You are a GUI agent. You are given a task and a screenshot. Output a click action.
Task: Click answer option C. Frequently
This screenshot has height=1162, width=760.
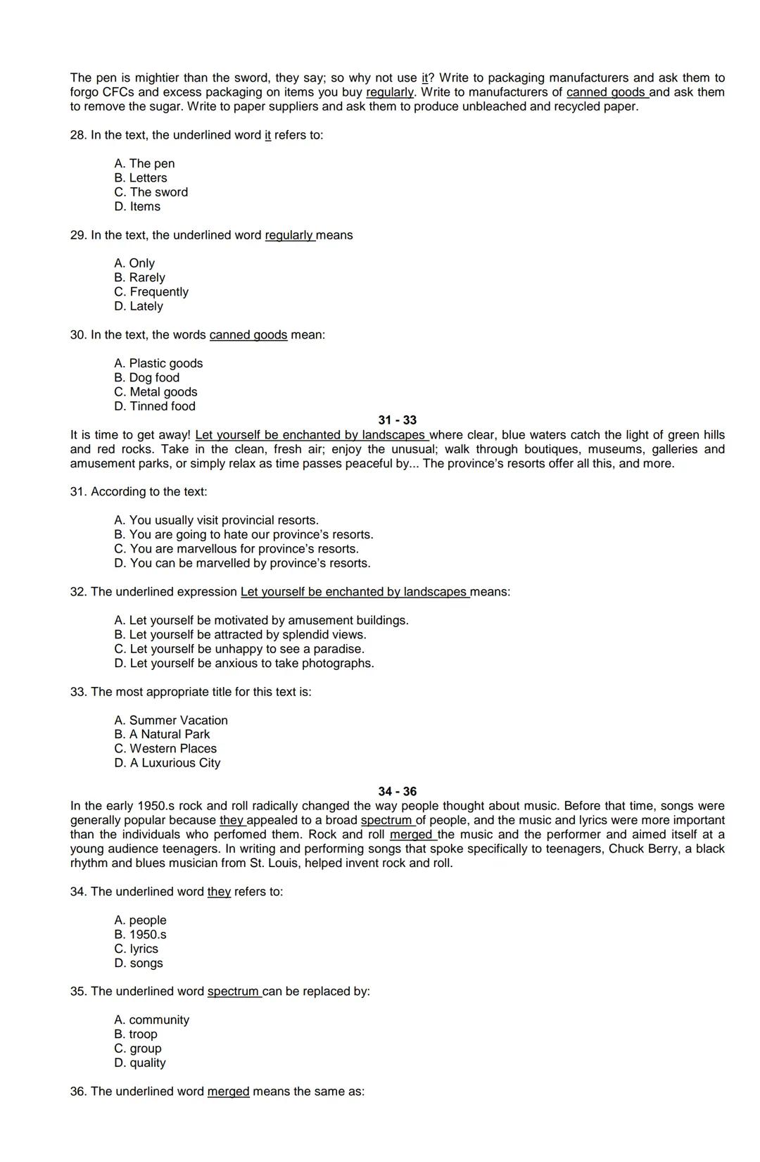tap(151, 292)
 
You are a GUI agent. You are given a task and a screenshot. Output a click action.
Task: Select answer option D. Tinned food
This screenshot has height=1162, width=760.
tap(155, 406)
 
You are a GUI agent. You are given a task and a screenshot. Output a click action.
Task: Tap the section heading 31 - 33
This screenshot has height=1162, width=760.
tap(397, 420)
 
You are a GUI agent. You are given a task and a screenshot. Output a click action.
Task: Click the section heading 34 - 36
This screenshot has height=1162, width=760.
tap(397, 792)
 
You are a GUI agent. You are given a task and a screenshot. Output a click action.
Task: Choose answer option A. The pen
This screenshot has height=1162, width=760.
tap(144, 164)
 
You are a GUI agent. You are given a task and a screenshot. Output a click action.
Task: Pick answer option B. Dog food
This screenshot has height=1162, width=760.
tap(146, 378)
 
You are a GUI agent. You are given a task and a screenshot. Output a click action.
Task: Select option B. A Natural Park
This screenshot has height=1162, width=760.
tap(162, 734)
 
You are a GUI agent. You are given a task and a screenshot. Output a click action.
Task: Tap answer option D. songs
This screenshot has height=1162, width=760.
tap(139, 964)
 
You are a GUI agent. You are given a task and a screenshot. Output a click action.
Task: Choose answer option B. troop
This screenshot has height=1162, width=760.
tap(136, 1035)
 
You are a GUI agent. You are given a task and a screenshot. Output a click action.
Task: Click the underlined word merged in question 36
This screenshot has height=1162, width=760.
tap(228, 1092)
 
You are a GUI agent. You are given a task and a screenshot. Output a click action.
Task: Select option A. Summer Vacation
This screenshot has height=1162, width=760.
tap(171, 721)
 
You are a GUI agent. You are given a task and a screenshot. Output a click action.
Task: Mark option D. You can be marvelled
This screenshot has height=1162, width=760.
tap(242, 563)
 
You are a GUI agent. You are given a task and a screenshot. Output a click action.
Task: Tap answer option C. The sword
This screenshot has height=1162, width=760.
tap(151, 192)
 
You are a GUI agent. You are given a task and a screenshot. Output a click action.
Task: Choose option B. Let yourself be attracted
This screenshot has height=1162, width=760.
tap(240, 635)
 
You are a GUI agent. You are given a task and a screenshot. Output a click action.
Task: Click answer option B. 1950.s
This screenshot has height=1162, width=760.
tap(140, 935)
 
